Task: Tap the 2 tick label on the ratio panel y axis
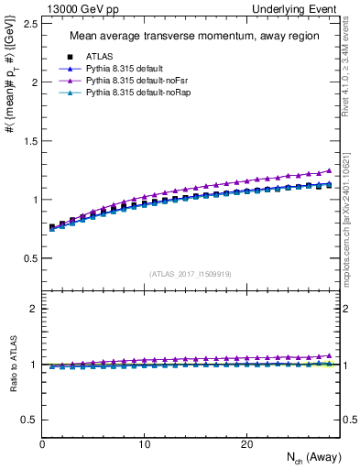pos(34,309)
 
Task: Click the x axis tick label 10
pos(144,444)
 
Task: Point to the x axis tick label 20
pos(246,444)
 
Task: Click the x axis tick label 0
pos(42,444)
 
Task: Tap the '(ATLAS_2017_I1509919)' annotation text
pos(191,273)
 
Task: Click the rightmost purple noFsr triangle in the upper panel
pos(329,170)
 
